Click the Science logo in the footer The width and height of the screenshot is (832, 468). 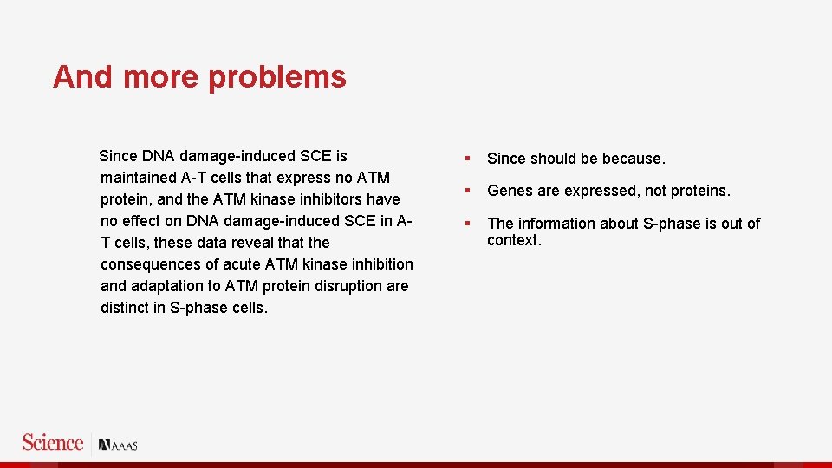(53, 443)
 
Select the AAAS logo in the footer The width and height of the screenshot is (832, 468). (119, 445)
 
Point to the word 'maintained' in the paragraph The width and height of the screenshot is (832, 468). (139, 178)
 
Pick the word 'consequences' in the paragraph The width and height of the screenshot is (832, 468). (149, 264)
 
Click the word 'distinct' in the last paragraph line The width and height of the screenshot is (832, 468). (125, 308)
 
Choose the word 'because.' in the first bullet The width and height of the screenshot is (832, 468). (634, 159)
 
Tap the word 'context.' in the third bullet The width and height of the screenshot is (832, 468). (514, 240)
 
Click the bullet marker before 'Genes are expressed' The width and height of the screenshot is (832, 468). (467, 191)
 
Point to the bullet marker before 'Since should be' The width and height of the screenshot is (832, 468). (467, 159)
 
